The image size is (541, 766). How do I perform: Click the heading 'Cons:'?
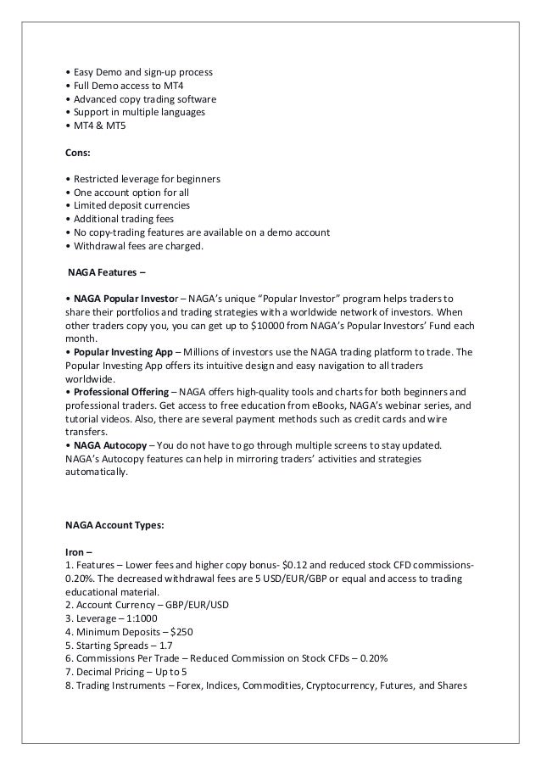pyautogui.click(x=79, y=154)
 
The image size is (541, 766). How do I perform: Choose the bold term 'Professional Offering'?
pyautogui.click(x=118, y=391)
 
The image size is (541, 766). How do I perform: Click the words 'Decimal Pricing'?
pyautogui.click(x=112, y=673)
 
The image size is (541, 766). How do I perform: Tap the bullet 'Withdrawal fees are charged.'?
pyautogui.click(x=137, y=247)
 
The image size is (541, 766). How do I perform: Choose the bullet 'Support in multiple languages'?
pyautogui.click(x=138, y=112)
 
